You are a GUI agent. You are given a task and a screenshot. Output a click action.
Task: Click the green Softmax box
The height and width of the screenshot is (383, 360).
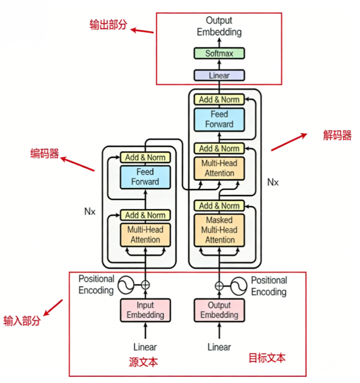click(219, 53)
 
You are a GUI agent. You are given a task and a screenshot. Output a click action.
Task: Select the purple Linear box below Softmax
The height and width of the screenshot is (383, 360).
click(219, 76)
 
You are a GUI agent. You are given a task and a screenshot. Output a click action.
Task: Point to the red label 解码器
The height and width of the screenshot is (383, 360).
click(337, 135)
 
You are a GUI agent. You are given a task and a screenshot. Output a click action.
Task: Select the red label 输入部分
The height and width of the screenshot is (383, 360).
click(22, 320)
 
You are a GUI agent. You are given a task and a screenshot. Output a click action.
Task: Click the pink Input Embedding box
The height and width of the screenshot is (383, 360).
click(145, 310)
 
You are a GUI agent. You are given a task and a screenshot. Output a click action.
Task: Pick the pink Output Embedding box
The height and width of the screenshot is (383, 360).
click(219, 310)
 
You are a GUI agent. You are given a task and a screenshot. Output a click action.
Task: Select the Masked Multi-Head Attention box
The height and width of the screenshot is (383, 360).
click(219, 230)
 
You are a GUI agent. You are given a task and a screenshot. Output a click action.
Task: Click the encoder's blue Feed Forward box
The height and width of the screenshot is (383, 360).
click(145, 177)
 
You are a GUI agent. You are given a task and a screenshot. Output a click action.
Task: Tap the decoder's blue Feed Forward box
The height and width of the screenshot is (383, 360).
click(219, 119)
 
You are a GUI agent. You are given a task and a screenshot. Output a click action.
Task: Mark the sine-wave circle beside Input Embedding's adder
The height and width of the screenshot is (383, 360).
click(126, 285)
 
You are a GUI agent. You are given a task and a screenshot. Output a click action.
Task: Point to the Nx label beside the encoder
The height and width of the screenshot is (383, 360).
click(89, 212)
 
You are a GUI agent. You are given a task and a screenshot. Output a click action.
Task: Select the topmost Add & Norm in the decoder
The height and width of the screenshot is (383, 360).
click(219, 100)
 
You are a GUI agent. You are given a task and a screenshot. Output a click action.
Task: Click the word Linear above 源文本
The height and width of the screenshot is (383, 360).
click(145, 347)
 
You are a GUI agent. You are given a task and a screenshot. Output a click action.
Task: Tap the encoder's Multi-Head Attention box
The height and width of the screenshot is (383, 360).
click(145, 234)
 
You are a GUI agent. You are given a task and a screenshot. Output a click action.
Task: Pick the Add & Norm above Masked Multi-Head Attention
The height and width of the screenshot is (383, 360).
click(219, 206)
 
